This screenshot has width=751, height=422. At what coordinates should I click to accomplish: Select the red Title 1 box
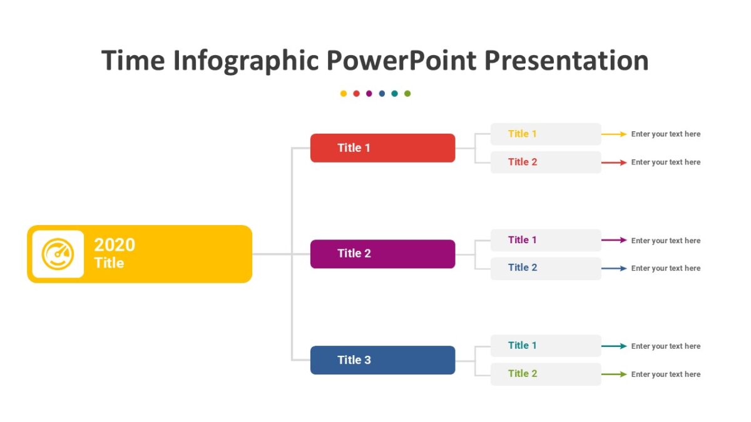click(x=382, y=148)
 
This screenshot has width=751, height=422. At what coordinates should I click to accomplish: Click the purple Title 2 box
click(x=382, y=254)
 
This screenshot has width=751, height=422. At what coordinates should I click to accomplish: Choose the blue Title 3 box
click(x=382, y=360)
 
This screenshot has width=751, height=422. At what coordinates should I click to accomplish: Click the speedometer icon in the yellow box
click(x=58, y=254)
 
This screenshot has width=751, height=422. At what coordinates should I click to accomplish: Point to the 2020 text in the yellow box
click(x=115, y=244)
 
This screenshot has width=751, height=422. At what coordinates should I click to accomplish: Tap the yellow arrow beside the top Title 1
click(x=614, y=134)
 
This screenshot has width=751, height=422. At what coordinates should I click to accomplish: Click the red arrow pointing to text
click(x=614, y=163)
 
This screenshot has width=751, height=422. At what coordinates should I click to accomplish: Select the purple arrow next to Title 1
click(x=614, y=240)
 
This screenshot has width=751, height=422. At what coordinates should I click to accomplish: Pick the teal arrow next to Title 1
click(x=614, y=346)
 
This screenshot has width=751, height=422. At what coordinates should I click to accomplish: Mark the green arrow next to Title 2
click(x=614, y=374)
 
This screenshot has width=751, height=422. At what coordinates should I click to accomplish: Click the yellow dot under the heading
click(x=344, y=94)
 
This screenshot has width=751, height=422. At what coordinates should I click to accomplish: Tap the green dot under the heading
click(x=407, y=94)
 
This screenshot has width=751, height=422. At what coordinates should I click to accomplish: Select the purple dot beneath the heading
click(x=369, y=94)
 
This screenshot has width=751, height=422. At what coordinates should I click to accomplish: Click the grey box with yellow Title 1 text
click(x=545, y=134)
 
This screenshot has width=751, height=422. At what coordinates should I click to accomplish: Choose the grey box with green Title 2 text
click(x=545, y=374)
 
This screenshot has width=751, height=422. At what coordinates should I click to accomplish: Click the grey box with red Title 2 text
click(x=545, y=162)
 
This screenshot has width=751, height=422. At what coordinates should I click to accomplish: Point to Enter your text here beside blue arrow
click(x=665, y=268)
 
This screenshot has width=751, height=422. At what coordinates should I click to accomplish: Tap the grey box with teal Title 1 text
click(x=545, y=346)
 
